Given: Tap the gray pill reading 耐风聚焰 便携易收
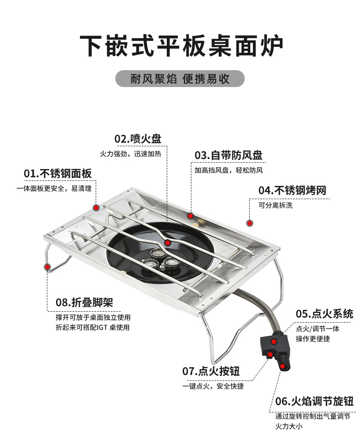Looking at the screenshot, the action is [x=180, y=79].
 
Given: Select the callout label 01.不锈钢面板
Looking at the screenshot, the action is [x=58, y=174].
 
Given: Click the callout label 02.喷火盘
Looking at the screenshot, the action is [x=138, y=139].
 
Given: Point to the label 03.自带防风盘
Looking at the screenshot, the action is [x=228, y=155].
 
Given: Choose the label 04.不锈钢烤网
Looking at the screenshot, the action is [x=292, y=190].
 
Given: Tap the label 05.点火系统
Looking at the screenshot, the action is [x=324, y=314].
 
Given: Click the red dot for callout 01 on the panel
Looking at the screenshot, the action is [x=96, y=207].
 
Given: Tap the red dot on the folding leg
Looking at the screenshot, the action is [x=47, y=267].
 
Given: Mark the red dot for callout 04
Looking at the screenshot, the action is [x=250, y=223].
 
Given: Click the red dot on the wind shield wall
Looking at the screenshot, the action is [x=190, y=216].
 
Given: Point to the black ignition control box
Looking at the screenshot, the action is [x=274, y=349].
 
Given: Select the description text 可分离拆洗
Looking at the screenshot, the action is [x=276, y=205].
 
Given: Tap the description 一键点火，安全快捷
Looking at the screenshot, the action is [x=213, y=386].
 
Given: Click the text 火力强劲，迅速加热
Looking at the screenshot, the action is [x=130, y=154].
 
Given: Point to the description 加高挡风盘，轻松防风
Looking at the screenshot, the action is [x=229, y=170].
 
